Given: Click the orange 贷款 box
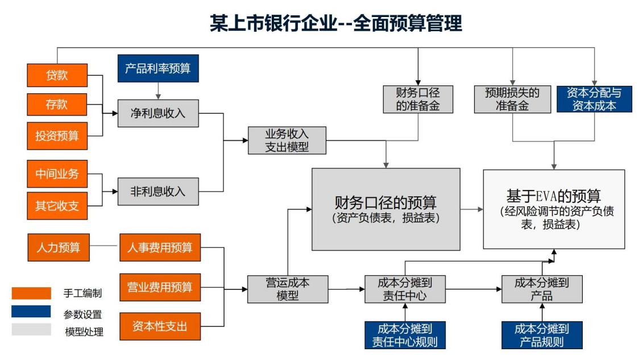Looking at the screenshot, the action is coord(57,75).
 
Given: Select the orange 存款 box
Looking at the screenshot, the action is coord(57,105).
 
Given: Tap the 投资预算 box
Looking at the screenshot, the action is coord(57,136).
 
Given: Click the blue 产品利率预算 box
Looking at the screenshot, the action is coord(158,68).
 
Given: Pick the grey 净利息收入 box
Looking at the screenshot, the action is coord(158,113).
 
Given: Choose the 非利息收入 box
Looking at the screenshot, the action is coord(158,192).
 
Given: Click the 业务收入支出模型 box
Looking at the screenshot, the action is coord(287,140).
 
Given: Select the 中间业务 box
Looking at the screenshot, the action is coord(57,174).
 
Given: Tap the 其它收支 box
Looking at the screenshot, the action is coord(57,206).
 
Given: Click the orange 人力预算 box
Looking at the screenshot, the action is coord(59,247).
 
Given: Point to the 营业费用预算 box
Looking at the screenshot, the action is coord(160,287).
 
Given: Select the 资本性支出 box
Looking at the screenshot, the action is coord(160,326).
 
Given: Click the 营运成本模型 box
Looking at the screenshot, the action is coord(288,289).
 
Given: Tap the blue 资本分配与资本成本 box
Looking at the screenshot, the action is coord(594,99).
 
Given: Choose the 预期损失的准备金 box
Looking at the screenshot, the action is coord(513,99).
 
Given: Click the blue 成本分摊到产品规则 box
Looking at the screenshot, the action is coord(542,335).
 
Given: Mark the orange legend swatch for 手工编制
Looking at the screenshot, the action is coord(31,293).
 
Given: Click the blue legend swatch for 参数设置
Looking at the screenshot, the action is coord(31,312).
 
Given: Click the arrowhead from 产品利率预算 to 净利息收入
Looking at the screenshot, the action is coord(158,97).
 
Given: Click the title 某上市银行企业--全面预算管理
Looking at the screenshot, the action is coord(336,23).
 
